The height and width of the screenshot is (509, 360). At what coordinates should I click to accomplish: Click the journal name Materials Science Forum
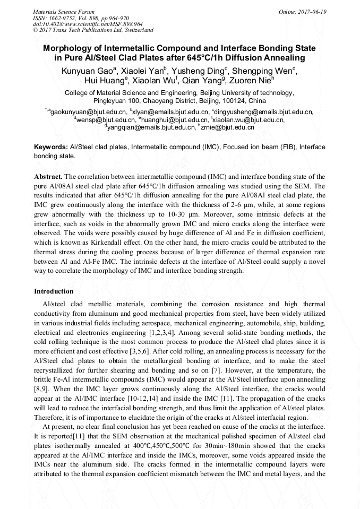coord(64,12)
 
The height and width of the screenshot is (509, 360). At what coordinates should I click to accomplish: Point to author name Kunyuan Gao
coord(87,71)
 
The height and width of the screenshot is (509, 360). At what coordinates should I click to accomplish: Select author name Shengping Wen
coord(265,71)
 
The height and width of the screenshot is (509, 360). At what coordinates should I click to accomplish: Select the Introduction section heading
coord(54,291)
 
